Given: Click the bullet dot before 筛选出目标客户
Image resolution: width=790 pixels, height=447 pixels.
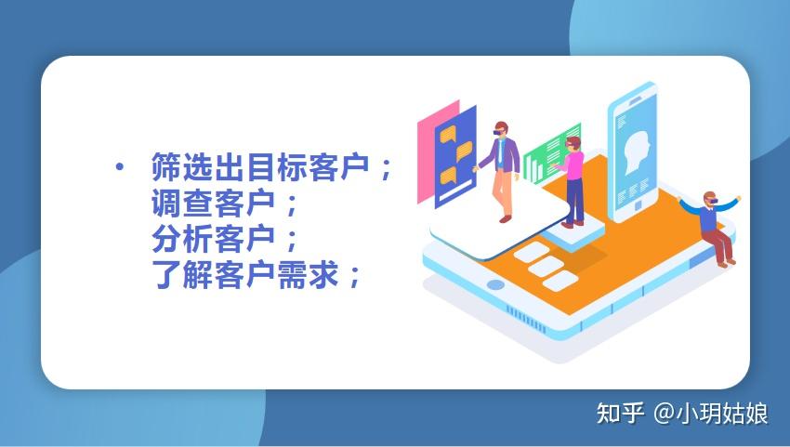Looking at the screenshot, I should (x=119, y=167).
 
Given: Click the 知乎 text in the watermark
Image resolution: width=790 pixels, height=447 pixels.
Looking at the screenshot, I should (x=619, y=414).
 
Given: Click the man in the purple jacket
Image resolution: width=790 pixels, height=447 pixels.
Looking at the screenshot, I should (x=503, y=167).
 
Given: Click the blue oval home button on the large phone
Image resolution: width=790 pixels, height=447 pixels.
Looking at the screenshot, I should (x=496, y=284).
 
